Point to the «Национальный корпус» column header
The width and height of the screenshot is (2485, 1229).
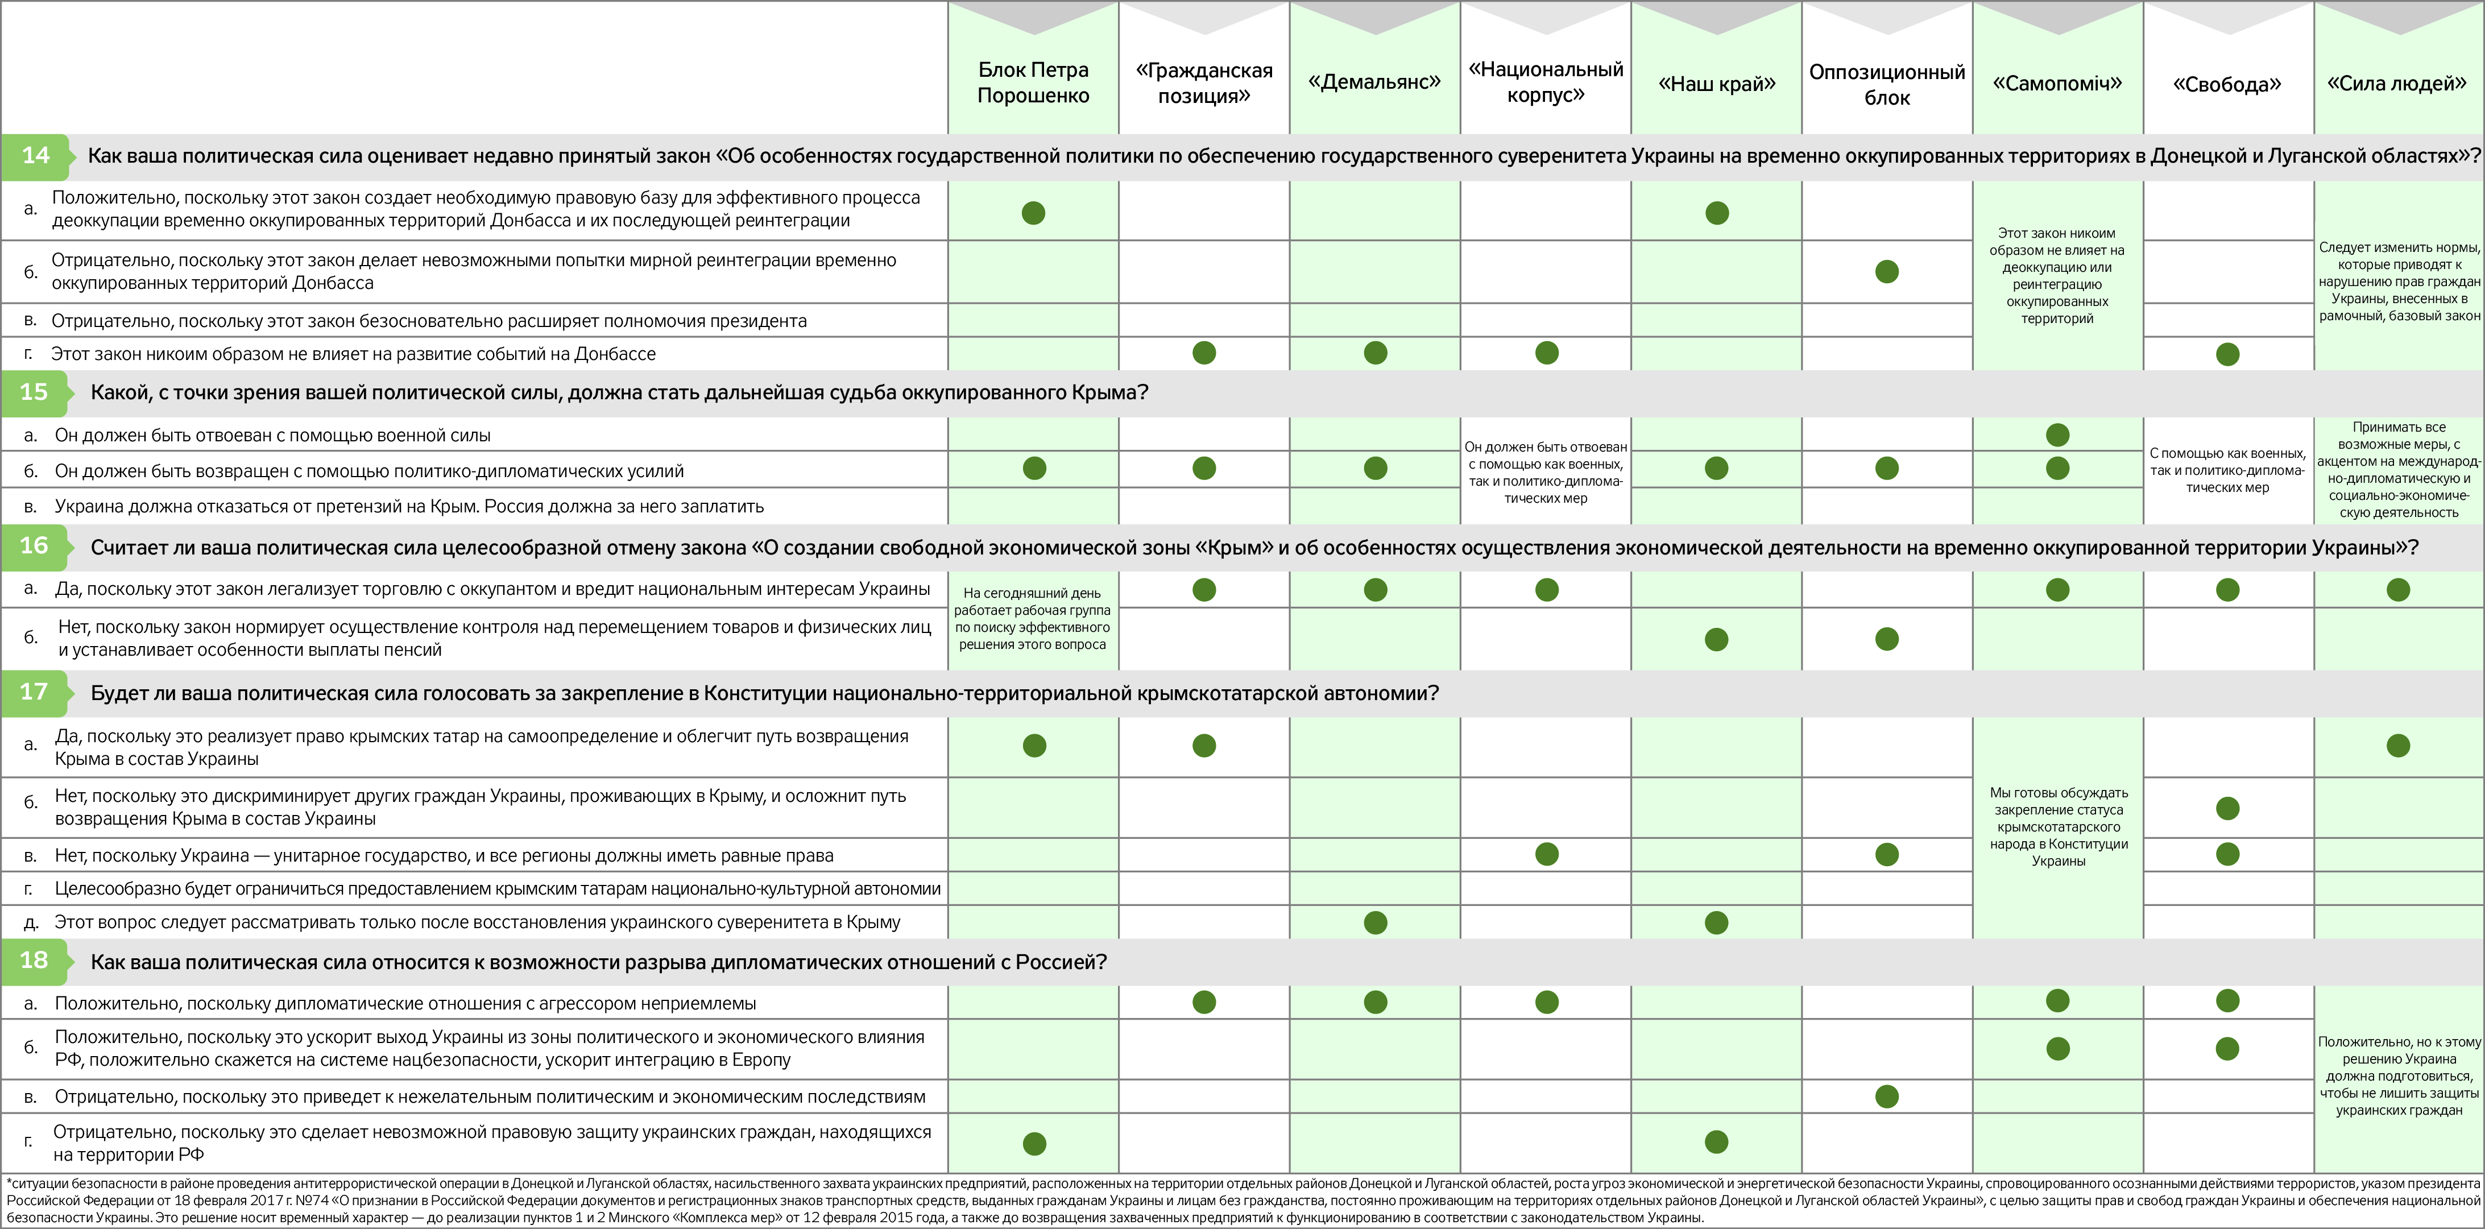pos(1546,82)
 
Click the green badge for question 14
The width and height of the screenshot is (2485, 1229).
pos(36,155)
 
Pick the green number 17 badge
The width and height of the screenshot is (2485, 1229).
pos(34,692)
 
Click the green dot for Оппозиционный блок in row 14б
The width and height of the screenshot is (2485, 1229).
pos(1887,272)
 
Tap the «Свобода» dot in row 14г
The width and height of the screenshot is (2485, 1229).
pos(2227,354)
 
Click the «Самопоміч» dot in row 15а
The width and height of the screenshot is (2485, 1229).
pos(2057,435)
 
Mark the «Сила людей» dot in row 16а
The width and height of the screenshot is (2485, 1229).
pos(2398,589)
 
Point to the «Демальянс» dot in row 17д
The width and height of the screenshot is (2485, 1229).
pos(1376,922)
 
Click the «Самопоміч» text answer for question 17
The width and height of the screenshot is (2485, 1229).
pos(2057,827)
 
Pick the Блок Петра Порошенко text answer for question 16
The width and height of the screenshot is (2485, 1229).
pos(1032,618)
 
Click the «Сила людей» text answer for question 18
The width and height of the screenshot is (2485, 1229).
pos(2398,1075)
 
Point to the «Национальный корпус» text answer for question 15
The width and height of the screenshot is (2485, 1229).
pos(1546,473)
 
